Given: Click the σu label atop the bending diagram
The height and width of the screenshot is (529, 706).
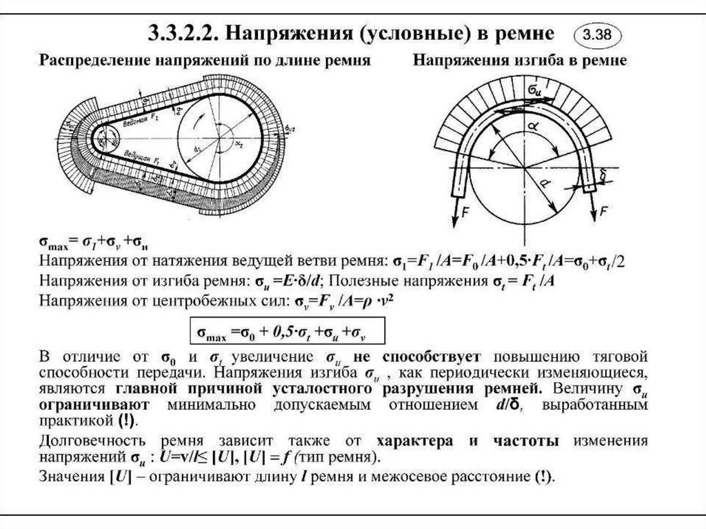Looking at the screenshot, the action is pos(534,90).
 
